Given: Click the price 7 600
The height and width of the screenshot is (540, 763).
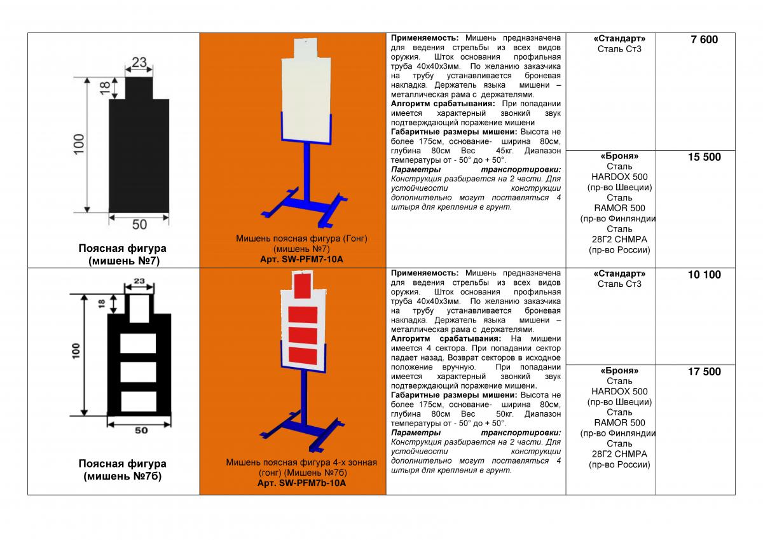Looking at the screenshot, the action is point(704,39).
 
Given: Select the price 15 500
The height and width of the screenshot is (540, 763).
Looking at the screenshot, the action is point(704,157).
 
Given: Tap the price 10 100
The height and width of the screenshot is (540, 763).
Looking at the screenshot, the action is point(704,275).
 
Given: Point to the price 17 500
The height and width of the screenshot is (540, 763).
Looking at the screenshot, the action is point(704,371).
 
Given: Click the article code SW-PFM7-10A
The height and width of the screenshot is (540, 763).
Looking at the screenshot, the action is point(312,260).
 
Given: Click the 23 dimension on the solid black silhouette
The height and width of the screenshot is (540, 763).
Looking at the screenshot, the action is point(139,62).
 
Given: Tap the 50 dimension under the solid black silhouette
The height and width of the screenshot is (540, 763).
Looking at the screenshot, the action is point(139,225).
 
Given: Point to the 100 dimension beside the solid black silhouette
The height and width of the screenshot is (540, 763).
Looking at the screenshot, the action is point(79,144).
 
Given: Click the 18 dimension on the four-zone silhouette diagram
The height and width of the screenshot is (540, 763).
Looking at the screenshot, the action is point(102,304).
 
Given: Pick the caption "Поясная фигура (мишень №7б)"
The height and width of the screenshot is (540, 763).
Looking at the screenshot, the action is point(123,470).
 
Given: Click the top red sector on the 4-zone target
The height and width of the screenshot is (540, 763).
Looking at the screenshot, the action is point(302,286).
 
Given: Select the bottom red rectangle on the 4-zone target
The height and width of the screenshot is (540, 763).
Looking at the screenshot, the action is point(303,356).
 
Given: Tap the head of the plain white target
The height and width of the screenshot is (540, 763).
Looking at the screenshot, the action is point(306,48).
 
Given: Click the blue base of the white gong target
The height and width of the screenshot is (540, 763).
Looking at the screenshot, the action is point(304,208).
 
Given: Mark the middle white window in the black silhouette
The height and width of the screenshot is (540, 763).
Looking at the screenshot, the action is point(138,371).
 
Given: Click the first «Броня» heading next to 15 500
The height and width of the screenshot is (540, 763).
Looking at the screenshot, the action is point(619,156).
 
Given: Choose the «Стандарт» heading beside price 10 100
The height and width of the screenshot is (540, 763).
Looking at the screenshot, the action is point(619,273).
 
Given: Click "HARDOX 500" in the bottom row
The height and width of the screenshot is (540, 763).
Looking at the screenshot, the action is point(619,391).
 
